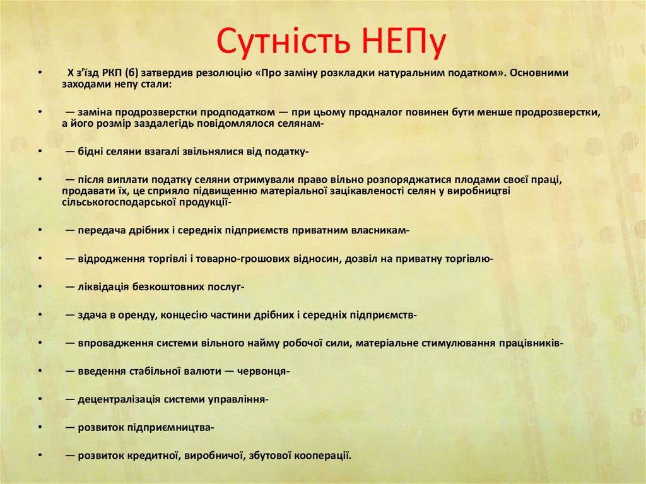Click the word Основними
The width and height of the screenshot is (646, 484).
coord(539,73)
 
